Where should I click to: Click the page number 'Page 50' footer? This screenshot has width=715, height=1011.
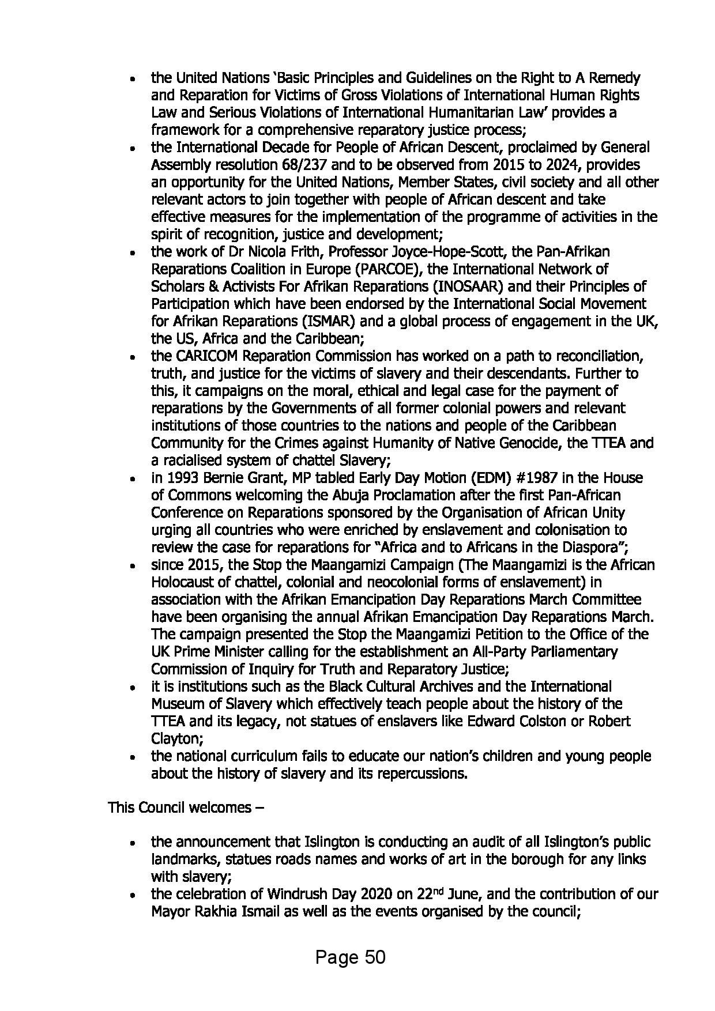click(350, 957)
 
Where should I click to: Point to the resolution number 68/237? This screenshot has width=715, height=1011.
click(306, 165)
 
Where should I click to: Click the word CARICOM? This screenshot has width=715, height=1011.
click(202, 356)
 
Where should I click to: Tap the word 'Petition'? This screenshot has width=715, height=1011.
click(506, 634)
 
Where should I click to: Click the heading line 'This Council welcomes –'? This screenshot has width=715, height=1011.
click(186, 808)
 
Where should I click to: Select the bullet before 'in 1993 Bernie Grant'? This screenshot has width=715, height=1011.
click(133, 479)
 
